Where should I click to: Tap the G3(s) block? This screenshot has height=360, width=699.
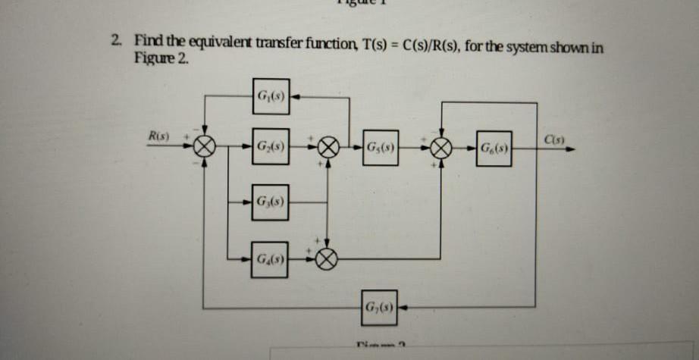(x=271, y=203)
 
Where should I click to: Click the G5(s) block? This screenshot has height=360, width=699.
(x=380, y=146)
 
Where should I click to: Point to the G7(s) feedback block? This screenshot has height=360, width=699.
(x=380, y=308)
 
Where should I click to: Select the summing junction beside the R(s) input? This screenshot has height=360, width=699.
(x=206, y=146)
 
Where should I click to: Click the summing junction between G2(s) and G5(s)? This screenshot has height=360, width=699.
(x=328, y=146)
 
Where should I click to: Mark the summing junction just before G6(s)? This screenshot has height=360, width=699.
(x=442, y=146)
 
